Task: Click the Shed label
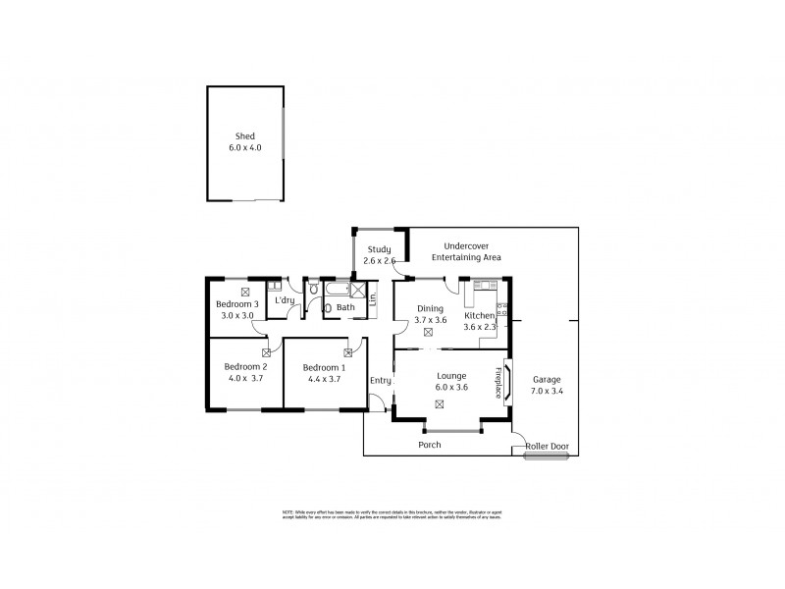pos(244,136)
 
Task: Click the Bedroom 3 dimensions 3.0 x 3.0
pos(236,315)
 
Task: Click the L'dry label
pos(285,299)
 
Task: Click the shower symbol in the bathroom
pos(359,292)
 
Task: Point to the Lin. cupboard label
pos(374,298)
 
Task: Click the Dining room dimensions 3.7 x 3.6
pos(431,320)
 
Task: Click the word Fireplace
pos(498,381)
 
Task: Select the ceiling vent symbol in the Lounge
pos(439,403)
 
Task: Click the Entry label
pos(380,380)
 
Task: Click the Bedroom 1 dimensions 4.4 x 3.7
pos(317,378)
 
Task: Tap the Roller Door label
pos(547,446)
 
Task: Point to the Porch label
pos(429,445)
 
